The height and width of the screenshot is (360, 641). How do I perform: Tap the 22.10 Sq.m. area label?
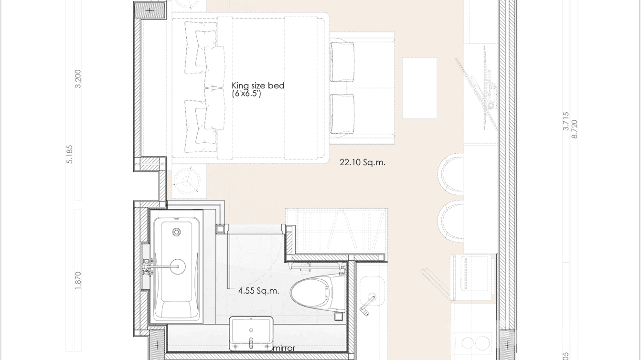[363, 162]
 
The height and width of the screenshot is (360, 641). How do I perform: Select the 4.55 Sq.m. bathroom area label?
[258, 290]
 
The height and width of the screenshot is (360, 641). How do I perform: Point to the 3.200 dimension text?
[78, 79]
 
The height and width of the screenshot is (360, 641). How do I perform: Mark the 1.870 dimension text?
[78, 280]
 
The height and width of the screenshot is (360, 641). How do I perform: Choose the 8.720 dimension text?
[574, 129]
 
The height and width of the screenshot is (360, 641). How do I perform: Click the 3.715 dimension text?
[566, 121]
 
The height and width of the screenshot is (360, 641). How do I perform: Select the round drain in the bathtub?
[177, 267]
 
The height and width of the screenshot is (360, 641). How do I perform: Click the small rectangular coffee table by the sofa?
[419, 88]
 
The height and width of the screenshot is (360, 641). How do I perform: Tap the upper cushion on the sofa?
[342, 63]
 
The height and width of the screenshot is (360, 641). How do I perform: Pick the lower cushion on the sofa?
[342, 113]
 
